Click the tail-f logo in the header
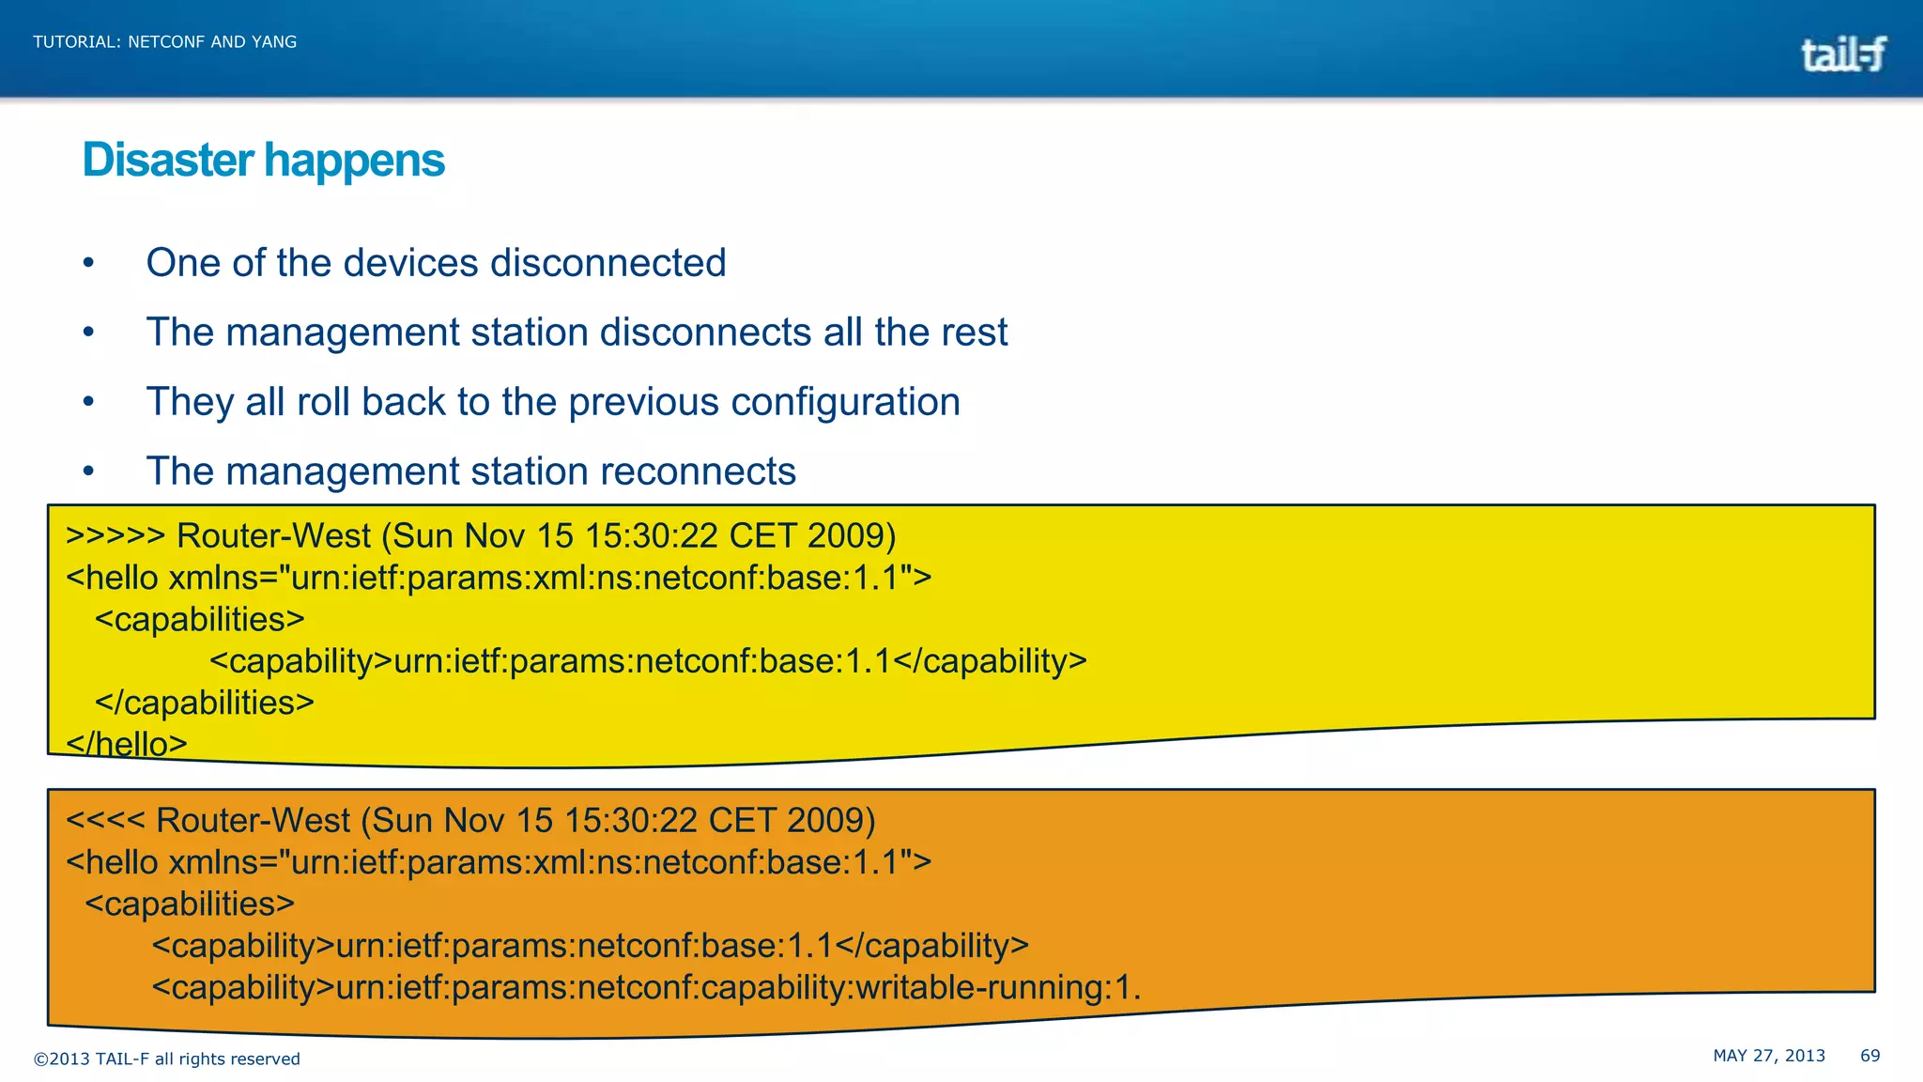tap(1842, 54)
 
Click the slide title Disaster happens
tap(263, 161)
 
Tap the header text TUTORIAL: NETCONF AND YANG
tap(164, 42)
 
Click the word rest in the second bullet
tap(976, 332)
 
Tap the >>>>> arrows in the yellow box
tap(115, 536)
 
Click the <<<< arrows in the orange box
tap(104, 821)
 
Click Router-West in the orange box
tap(253, 821)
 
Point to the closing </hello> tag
tap(126, 744)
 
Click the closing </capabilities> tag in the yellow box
tap(204, 703)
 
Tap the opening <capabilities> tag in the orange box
tap(189, 904)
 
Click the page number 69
tap(1869, 1056)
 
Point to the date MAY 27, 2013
tap(1768, 1056)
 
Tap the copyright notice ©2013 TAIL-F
tap(166, 1059)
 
